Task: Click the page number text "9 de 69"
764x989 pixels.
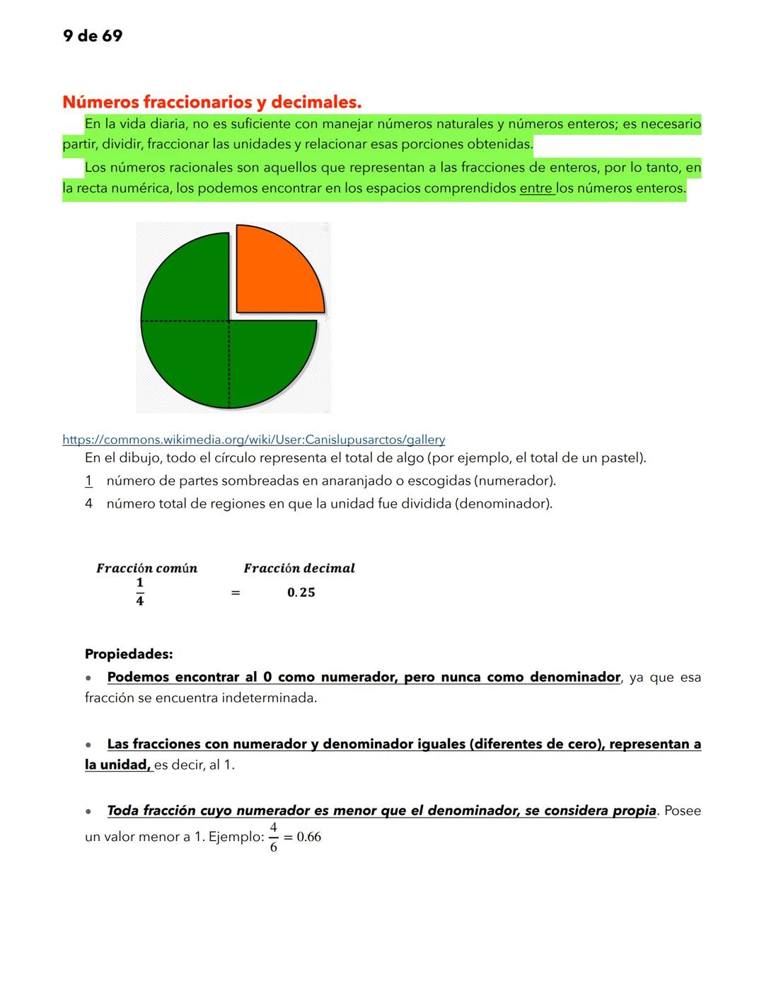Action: (x=92, y=36)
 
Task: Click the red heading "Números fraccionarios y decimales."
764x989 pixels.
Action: (x=212, y=102)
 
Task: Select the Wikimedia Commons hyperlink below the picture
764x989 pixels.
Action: (x=253, y=440)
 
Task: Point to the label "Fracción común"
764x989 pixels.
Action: (x=146, y=568)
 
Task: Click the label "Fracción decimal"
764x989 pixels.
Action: (x=299, y=568)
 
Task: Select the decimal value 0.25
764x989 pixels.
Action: (x=301, y=593)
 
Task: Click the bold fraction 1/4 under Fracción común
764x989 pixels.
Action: (x=139, y=592)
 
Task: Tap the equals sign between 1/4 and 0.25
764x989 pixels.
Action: (x=236, y=593)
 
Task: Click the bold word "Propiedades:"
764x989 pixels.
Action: (x=129, y=654)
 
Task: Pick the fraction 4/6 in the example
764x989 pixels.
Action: (x=273, y=837)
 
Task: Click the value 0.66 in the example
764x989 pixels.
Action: (x=309, y=837)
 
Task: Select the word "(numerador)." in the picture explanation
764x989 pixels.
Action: (x=514, y=481)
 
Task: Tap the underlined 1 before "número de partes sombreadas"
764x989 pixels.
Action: (x=88, y=481)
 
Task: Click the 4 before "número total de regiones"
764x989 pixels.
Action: (x=88, y=504)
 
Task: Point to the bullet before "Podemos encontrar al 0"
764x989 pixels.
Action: (x=88, y=678)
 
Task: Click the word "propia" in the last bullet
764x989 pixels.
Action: (x=634, y=811)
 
